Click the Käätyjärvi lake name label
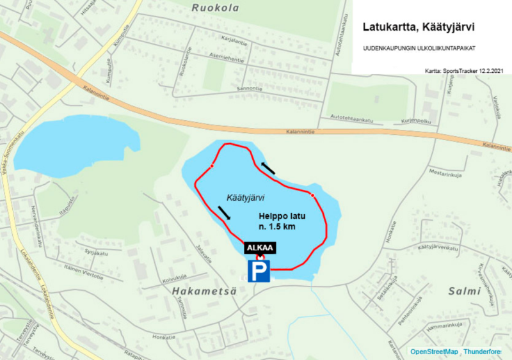pyautogui.click(x=246, y=198)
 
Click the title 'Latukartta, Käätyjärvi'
pyautogui.click(x=423, y=27)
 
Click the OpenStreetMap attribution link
pyautogui.click(x=434, y=352)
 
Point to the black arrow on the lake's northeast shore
pyautogui.click(x=268, y=168)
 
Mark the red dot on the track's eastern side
pyautogui.click(x=312, y=195)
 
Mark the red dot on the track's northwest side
pyautogui.click(x=211, y=167)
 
